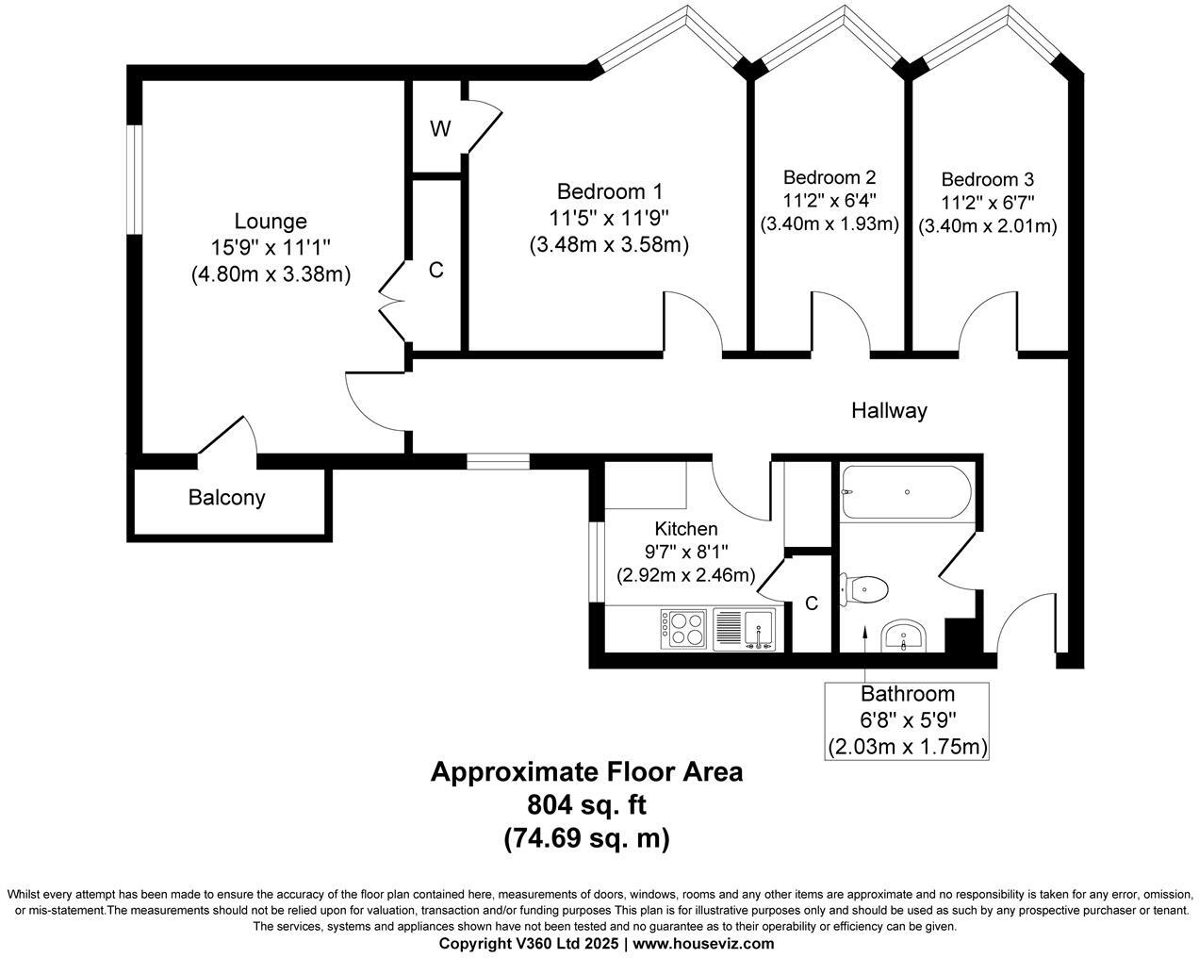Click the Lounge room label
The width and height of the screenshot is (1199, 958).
click(x=271, y=222)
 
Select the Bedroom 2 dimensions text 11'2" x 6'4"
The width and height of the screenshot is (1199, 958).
click(x=829, y=201)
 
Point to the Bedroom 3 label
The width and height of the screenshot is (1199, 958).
click(x=987, y=179)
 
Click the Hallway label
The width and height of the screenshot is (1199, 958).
click(x=889, y=410)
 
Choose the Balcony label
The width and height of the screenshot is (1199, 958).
click(x=227, y=497)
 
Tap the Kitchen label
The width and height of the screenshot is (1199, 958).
click(x=686, y=529)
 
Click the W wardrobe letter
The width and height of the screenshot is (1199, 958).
click(x=440, y=130)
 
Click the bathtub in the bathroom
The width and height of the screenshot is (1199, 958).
click(x=904, y=491)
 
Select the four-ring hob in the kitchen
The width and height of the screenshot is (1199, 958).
click(x=684, y=628)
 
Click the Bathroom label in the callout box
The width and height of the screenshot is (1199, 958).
click(x=907, y=695)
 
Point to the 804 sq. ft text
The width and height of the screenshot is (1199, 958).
click(x=586, y=804)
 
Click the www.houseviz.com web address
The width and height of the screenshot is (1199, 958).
click(x=703, y=943)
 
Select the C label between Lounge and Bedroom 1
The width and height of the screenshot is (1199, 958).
click(x=435, y=271)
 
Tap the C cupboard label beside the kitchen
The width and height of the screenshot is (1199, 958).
click(x=812, y=603)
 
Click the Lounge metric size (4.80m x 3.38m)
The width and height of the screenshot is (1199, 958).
click(x=271, y=274)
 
